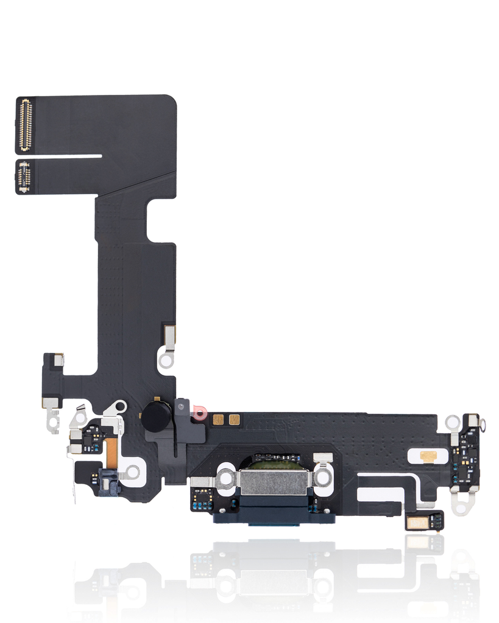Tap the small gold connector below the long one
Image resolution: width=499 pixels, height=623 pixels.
pos(24,177)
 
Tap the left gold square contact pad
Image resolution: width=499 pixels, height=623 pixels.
pos(218,419)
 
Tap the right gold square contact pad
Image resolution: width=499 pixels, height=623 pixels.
pos(234,419)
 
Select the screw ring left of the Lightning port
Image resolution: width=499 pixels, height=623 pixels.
pos(226,478)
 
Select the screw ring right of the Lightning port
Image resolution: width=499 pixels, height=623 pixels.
pos(322,478)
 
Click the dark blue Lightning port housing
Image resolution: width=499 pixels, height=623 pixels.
pos(274,515)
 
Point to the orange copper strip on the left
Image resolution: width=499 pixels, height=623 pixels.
pos(111,450)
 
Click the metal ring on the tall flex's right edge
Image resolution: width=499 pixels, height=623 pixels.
pos(166,360)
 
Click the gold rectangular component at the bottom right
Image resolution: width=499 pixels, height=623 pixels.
pos(417,521)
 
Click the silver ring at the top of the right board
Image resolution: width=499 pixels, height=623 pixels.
pos(452,422)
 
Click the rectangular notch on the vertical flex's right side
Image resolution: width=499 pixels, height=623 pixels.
pos(160,220)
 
